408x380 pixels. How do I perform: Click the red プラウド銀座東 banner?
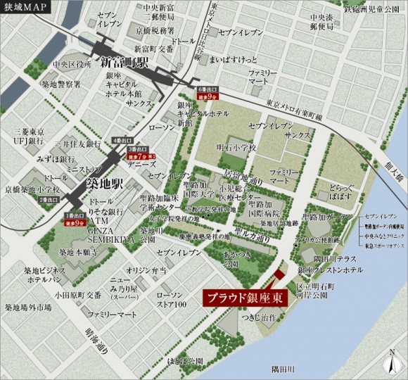click(x=245, y=298)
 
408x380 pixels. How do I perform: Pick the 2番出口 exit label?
click(x=49, y=200)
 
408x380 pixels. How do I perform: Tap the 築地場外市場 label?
click(x=28, y=308)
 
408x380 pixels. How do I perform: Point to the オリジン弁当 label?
click(x=145, y=270)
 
